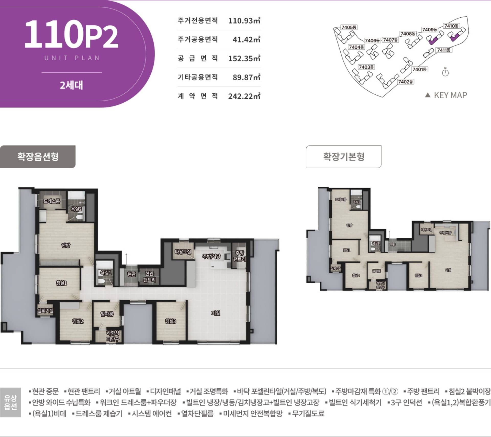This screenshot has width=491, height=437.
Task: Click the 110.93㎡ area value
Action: [244, 20]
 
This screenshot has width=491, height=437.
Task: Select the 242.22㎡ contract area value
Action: [244, 96]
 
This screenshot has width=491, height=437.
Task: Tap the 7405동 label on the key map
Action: [349, 27]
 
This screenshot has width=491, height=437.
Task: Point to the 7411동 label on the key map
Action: [444, 50]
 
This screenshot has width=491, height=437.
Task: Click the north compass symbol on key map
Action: [445, 73]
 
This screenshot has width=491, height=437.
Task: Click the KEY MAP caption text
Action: [450, 95]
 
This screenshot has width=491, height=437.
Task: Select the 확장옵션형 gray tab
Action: [38, 157]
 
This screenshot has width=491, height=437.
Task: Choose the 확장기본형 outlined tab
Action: [343, 157]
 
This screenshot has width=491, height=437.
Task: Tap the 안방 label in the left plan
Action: [66, 245]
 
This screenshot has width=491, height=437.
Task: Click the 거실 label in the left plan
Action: [216, 313]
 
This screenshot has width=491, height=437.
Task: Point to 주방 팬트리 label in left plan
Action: [239, 256]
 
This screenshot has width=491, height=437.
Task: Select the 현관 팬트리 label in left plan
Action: [149, 277]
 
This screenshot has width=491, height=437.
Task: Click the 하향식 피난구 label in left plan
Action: [113, 336]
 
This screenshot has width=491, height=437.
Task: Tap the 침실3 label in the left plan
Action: [171, 321]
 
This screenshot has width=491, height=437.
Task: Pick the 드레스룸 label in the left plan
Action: [52, 201]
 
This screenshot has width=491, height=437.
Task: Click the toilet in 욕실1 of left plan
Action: [102, 281]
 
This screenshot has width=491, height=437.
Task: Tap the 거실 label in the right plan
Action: [448, 270]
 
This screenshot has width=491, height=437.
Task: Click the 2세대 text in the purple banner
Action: [71, 85]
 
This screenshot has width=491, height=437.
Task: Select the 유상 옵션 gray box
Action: [10, 402]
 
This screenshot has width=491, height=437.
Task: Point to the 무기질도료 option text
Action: [308, 413]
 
